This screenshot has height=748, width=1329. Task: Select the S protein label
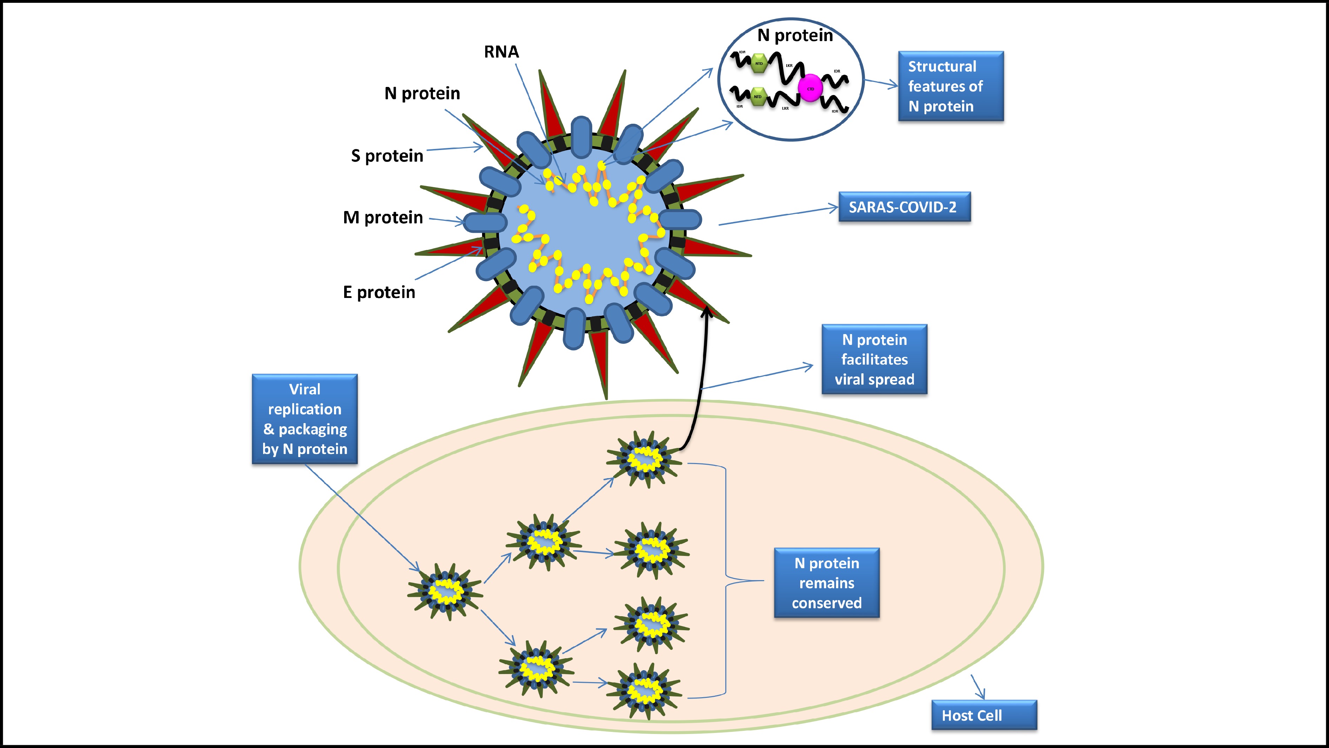(387, 156)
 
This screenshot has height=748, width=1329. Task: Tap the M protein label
(383, 218)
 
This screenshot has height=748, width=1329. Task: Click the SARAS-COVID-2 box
(904, 207)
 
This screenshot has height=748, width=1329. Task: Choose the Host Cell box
(983, 715)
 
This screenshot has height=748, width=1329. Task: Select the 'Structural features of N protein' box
(950, 86)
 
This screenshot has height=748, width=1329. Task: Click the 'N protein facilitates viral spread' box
(874, 359)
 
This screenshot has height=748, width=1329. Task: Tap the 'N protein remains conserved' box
(827, 583)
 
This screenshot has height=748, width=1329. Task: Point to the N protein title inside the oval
(795, 35)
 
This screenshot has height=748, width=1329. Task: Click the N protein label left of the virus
(422, 93)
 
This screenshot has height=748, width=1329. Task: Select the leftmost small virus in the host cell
(445, 592)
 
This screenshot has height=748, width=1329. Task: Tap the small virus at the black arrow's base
(644, 459)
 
